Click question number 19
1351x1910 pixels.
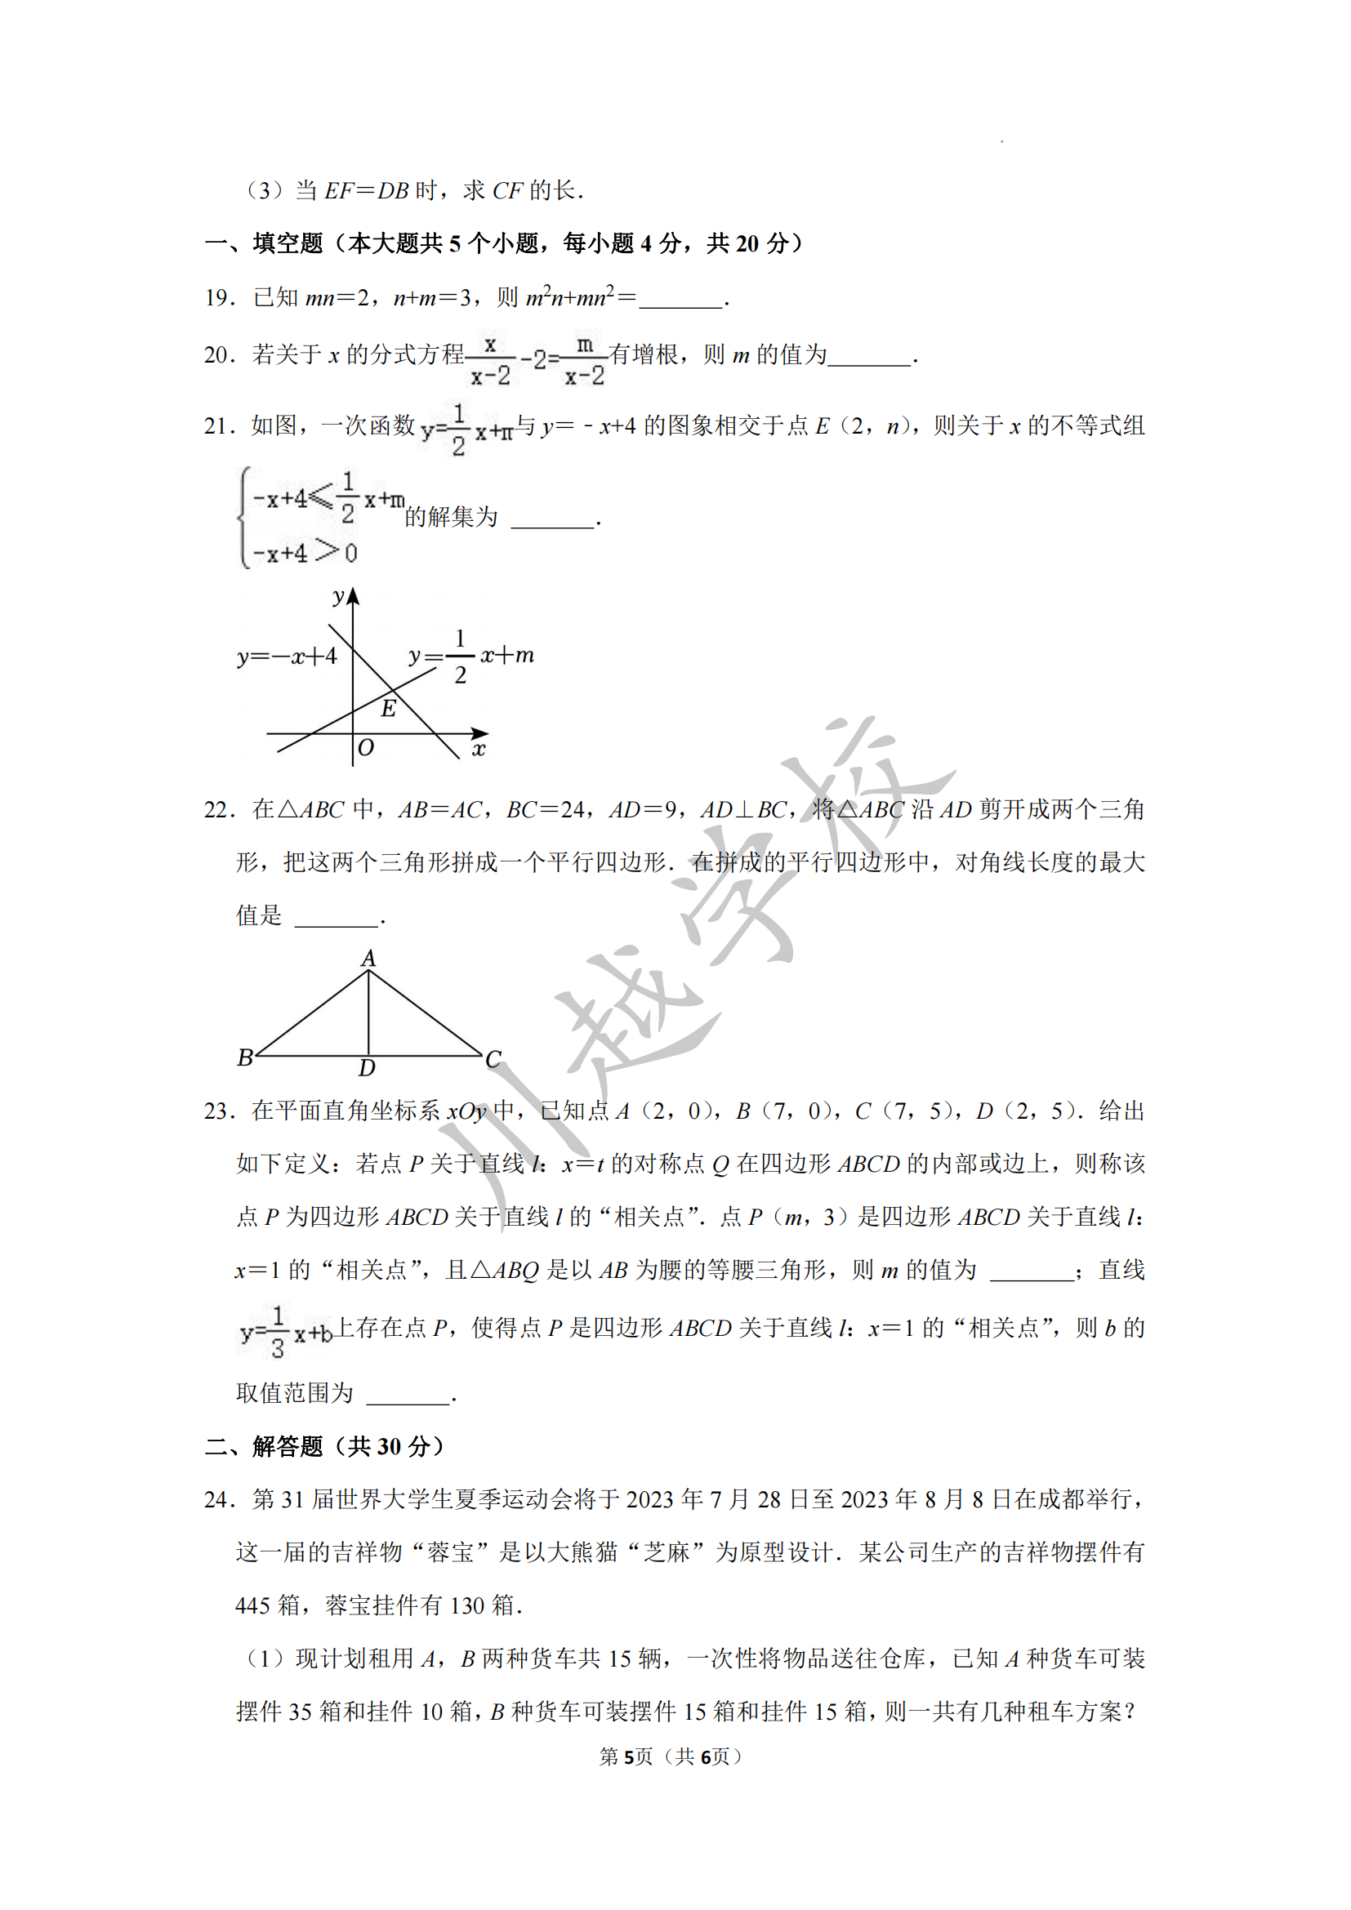[219, 298]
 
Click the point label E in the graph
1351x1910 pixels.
[389, 709]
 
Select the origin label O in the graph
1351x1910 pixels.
[365, 748]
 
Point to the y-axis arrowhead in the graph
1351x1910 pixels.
[354, 595]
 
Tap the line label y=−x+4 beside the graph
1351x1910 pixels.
[287, 657]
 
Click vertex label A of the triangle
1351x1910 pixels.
[368, 959]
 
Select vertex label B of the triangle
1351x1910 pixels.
[244, 1057]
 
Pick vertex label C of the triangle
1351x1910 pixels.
[493, 1059]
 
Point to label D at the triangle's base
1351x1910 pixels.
[367, 1068]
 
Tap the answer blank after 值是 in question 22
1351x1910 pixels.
[337, 919]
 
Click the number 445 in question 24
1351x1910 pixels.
[252, 1605]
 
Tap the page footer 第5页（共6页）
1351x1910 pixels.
[670, 1756]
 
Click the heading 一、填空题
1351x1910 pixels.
[264, 243]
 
